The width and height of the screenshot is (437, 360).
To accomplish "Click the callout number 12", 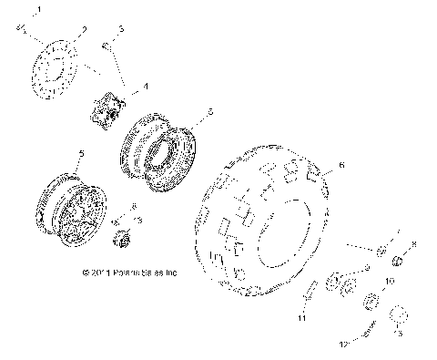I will tap(343, 344).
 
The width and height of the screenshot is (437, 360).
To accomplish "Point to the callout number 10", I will tap(391, 283).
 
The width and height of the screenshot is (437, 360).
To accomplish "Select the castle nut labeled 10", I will tap(371, 303).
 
